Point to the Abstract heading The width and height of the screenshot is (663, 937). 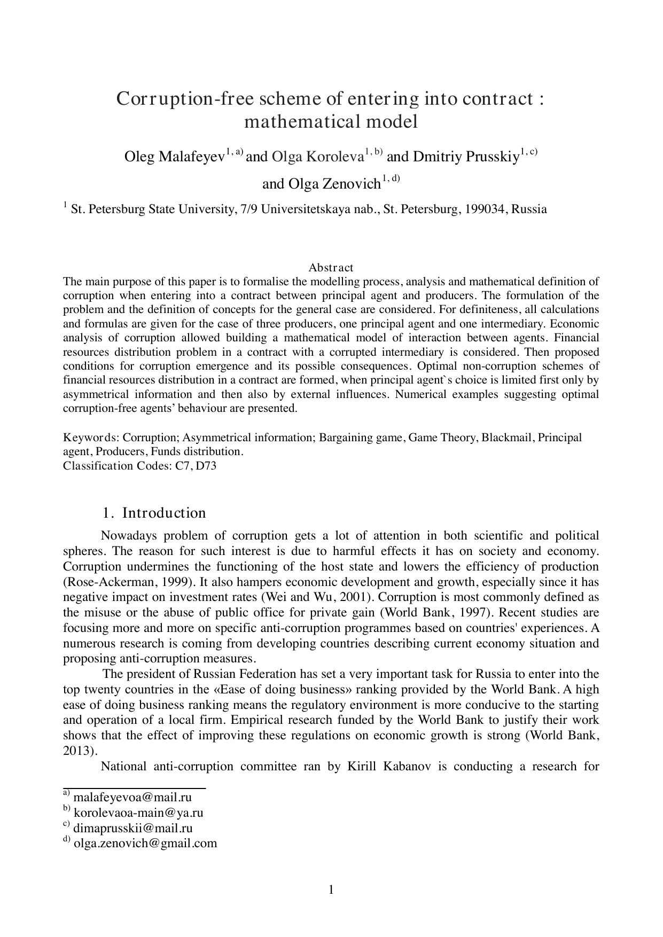coord(331,268)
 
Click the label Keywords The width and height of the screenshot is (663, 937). coord(91,438)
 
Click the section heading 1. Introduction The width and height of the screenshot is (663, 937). coord(154,513)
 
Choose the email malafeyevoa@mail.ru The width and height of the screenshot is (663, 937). coord(132,798)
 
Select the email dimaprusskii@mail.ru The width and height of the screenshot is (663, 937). coord(132,829)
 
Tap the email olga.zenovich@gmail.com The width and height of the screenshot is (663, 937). coord(145,844)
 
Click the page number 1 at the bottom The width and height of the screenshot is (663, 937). coord(331,889)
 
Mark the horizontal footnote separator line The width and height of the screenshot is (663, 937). coord(135,788)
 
